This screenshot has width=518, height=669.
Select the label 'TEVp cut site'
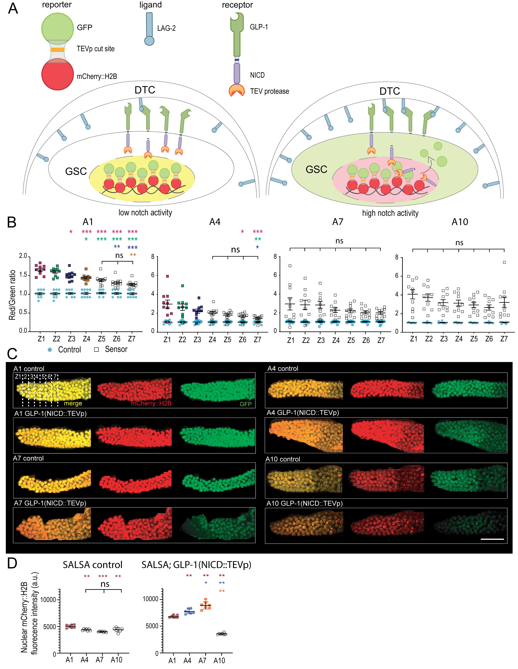coord(95,49)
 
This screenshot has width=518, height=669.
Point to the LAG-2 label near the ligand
coord(166,29)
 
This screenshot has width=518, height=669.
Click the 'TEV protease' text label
coord(269,91)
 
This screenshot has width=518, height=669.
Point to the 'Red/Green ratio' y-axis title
coord(12,295)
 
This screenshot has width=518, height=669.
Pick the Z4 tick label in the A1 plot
coord(87,339)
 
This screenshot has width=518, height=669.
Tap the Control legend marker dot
coord(50,350)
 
